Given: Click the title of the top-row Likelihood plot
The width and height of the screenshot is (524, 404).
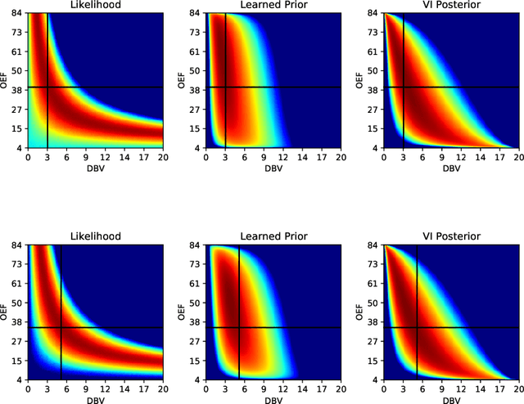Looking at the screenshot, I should click(95, 6).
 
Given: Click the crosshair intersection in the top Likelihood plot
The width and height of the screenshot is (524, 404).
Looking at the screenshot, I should click(48, 88).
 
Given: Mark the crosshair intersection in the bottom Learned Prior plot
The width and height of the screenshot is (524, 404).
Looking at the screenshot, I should click(239, 327).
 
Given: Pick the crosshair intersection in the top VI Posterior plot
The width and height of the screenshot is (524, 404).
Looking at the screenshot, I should click(404, 88).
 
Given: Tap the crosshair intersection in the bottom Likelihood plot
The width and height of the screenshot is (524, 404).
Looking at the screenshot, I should click(61, 327).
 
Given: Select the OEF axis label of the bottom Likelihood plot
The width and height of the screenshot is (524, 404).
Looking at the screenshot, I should click(7, 312).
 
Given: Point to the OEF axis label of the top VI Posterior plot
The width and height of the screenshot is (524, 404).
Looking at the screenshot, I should click(361, 80).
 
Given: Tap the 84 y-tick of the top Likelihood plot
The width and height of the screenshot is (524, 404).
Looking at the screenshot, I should click(17, 13).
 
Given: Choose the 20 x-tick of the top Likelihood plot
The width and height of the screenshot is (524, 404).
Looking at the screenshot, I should click(162, 158).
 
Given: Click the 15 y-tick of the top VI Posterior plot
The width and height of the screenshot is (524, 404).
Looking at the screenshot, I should click(373, 128).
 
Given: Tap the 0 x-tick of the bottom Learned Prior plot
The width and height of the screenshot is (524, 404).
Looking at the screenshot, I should click(206, 388).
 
